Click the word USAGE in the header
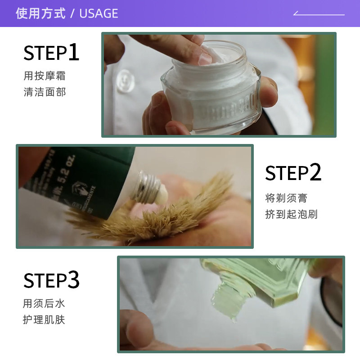click(99, 13)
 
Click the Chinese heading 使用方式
click(40, 13)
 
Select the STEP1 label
click(51, 53)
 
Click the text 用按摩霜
click(45, 76)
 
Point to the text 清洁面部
click(45, 92)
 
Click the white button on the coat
click(124, 81)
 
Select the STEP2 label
click(293, 173)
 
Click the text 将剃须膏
click(286, 198)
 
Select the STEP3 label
click(51, 280)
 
